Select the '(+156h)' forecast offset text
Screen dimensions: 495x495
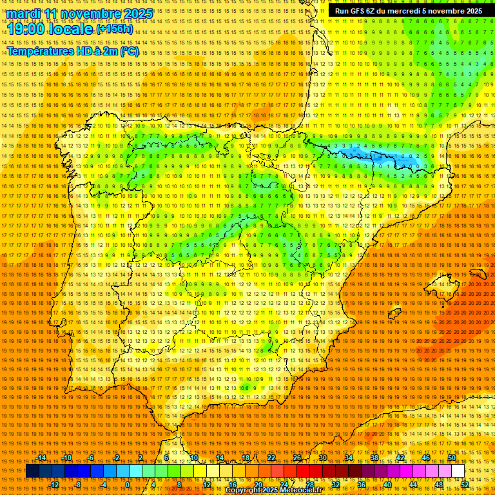115,30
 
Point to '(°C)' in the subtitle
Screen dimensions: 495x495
129,52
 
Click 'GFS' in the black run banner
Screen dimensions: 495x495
362,11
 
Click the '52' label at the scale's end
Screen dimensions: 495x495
465,485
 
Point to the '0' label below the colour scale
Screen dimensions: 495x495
128,485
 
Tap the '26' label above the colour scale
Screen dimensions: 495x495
297,458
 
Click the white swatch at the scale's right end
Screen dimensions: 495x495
458,471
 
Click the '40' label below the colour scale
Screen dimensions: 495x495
387,485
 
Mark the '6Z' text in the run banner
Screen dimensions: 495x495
378,11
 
